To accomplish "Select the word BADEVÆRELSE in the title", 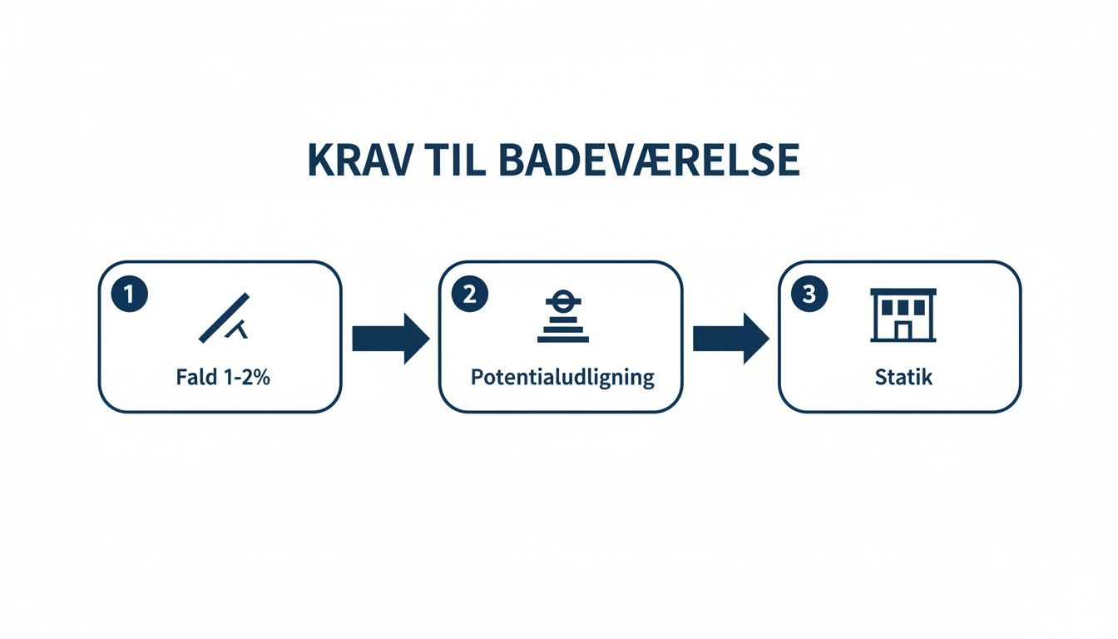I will click(x=650, y=161).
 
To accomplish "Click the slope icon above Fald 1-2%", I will click(x=225, y=318).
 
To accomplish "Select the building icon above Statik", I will click(x=903, y=315).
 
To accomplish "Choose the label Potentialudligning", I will click(x=562, y=378).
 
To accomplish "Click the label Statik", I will click(x=903, y=377).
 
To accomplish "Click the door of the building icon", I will click(x=903, y=330).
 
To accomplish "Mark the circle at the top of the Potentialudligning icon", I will click(x=563, y=301).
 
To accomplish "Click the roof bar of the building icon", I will click(x=903, y=292).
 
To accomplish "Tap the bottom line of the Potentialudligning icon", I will click(x=563, y=339).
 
